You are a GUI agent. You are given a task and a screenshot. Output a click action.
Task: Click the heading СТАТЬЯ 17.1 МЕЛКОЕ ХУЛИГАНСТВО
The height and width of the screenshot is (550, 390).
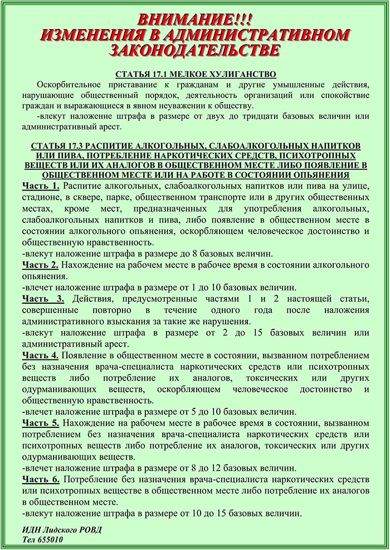(195, 74)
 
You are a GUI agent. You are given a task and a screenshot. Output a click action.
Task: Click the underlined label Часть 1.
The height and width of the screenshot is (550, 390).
(40, 185)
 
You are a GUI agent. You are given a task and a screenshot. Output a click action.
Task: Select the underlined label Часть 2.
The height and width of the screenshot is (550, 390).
(40, 265)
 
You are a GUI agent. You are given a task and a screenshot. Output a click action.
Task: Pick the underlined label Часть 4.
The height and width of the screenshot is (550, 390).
(40, 355)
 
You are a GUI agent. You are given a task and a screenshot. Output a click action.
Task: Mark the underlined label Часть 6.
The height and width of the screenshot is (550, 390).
(40, 479)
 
